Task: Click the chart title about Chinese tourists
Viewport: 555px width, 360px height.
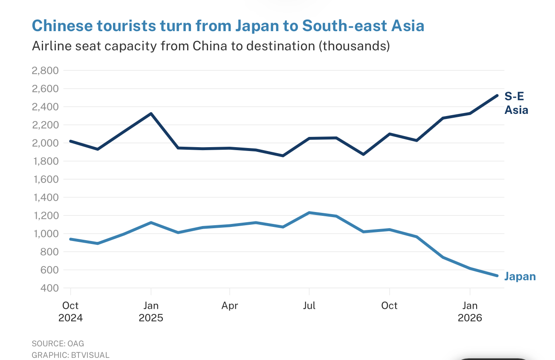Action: (x=228, y=26)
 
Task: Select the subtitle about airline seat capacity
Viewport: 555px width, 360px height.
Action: (x=211, y=46)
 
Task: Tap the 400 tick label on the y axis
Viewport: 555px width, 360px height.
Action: (x=49, y=288)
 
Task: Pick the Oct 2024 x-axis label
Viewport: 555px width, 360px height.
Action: (x=70, y=312)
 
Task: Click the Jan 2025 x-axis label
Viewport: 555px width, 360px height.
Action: (x=151, y=312)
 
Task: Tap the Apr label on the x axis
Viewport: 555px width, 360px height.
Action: (x=230, y=306)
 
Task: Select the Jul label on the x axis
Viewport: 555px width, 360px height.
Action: (x=309, y=306)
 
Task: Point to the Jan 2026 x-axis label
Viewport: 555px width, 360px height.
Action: (x=470, y=312)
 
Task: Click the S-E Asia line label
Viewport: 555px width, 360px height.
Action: (x=516, y=103)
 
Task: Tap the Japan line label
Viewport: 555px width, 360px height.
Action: (x=520, y=276)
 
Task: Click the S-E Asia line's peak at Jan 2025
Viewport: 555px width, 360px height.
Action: (x=151, y=113)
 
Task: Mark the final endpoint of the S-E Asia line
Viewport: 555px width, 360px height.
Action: (x=497, y=96)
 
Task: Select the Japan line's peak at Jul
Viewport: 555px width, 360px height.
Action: (x=309, y=212)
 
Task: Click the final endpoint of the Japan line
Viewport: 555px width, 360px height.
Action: (x=497, y=276)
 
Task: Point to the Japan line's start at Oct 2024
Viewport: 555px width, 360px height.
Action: (x=70, y=239)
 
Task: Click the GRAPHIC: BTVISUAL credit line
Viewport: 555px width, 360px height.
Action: (x=70, y=355)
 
